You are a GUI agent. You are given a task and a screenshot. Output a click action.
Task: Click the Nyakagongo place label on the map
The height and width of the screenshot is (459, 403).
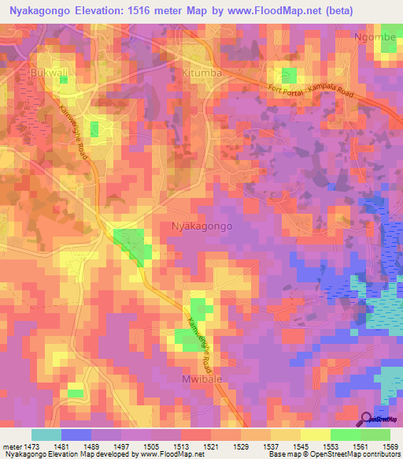click(201, 226)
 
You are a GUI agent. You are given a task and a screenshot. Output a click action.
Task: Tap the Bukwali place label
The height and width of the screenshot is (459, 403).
click(50, 73)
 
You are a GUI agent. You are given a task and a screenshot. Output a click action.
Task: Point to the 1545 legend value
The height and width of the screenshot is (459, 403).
click(300, 446)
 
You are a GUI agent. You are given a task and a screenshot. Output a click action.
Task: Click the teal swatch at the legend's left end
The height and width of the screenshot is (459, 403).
click(46, 435)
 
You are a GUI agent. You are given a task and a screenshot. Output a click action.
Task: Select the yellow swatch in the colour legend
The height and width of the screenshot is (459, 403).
click(315, 435)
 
